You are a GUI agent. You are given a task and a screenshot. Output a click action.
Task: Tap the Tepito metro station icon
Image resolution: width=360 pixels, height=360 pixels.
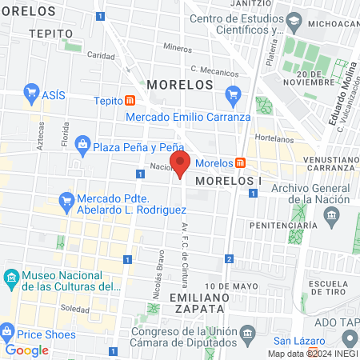coord(130,101)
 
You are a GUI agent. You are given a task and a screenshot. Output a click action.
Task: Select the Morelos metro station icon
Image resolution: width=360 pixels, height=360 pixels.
coord(240,163)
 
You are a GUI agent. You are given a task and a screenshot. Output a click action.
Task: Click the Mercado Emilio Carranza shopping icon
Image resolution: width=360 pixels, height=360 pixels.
coord(233,97)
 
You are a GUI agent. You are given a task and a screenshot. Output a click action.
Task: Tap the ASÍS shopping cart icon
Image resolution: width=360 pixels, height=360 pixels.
coord(32,93)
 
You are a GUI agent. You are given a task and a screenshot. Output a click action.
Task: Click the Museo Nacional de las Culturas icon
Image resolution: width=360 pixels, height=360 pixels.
coord(11,279)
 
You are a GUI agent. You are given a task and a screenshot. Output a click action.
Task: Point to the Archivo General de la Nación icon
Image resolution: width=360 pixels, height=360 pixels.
coord(330,214)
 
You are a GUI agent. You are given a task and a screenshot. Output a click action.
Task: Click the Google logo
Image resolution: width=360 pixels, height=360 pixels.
coord(27,350)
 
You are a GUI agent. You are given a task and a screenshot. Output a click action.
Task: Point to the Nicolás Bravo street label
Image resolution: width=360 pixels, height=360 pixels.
coord(158,281)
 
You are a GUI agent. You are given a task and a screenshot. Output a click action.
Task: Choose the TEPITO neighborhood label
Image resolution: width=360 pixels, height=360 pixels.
coord(50,34)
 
